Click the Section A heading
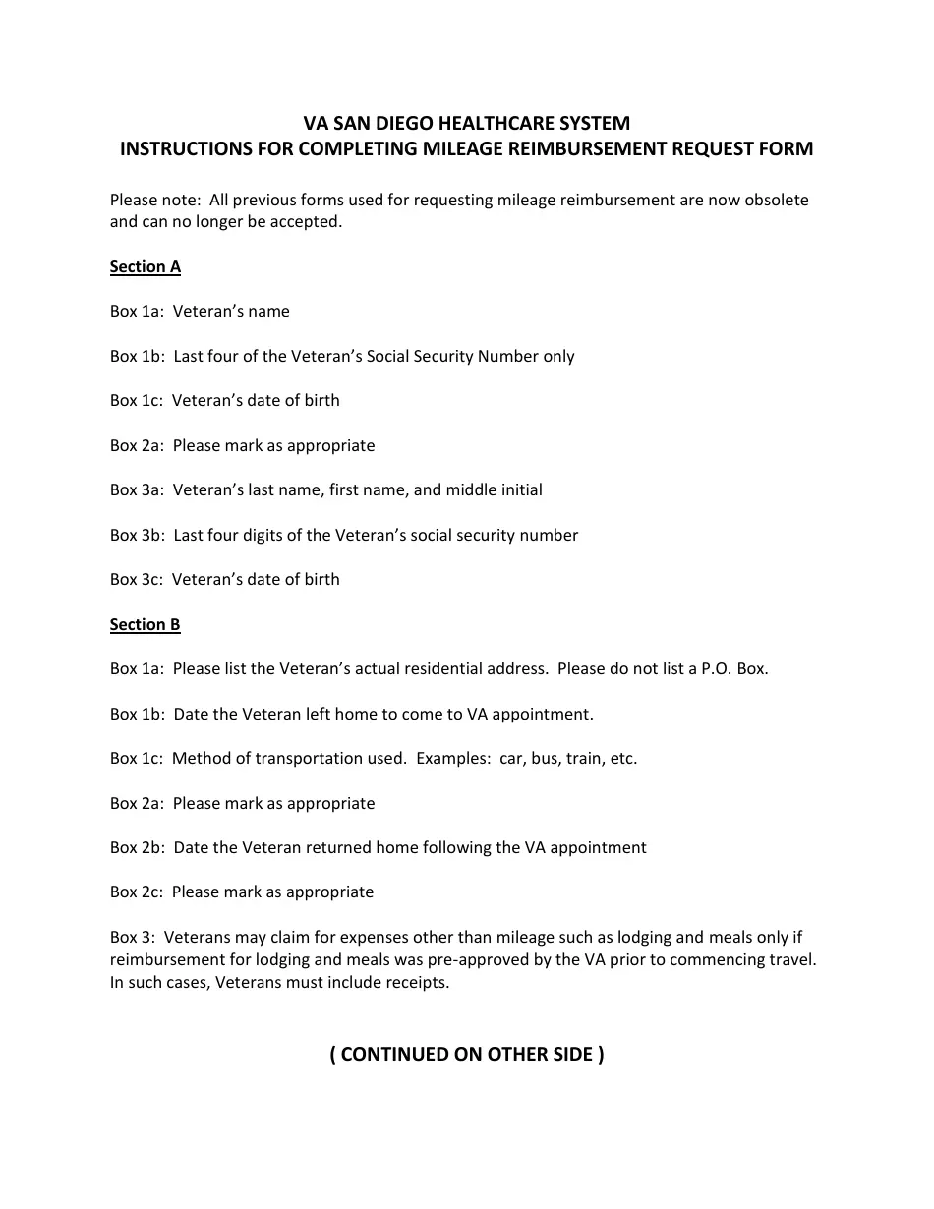145,267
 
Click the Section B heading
145,625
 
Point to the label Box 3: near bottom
133,938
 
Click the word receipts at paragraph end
417,983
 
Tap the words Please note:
155,201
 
